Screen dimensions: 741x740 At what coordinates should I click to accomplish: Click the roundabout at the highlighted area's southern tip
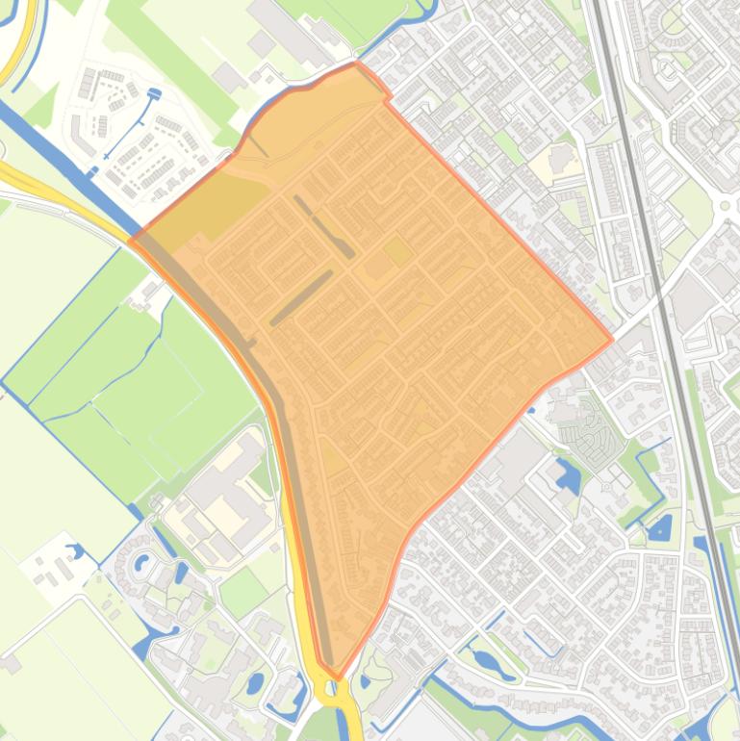[x=332, y=688]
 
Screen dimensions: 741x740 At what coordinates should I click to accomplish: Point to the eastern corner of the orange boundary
[x=612, y=340]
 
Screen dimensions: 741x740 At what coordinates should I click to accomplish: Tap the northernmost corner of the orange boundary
[x=357, y=64]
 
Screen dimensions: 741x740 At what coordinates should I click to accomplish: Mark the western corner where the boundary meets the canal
[x=132, y=238]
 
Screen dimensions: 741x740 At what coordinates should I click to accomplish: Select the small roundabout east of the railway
[x=724, y=205]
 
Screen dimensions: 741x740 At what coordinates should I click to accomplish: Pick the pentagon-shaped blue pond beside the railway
[x=659, y=527]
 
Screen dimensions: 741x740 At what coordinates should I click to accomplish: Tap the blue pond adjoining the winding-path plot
[x=568, y=474]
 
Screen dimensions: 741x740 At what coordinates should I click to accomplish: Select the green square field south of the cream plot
[x=242, y=590]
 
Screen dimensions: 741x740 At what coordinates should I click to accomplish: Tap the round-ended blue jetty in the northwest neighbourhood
[x=152, y=93]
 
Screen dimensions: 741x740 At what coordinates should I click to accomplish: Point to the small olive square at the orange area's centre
[x=397, y=252]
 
